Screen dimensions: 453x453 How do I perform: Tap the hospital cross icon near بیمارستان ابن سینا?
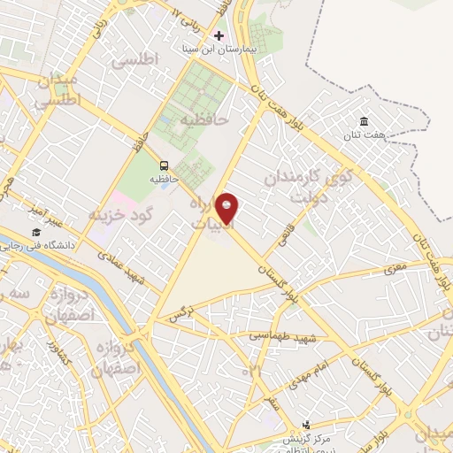219,35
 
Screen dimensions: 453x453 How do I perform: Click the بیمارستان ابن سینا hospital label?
219,50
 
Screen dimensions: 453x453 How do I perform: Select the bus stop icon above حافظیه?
163,165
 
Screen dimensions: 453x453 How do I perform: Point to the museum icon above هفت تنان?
363,122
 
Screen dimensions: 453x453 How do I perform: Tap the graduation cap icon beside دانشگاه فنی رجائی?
36,232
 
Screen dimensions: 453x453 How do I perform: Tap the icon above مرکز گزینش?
306,426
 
